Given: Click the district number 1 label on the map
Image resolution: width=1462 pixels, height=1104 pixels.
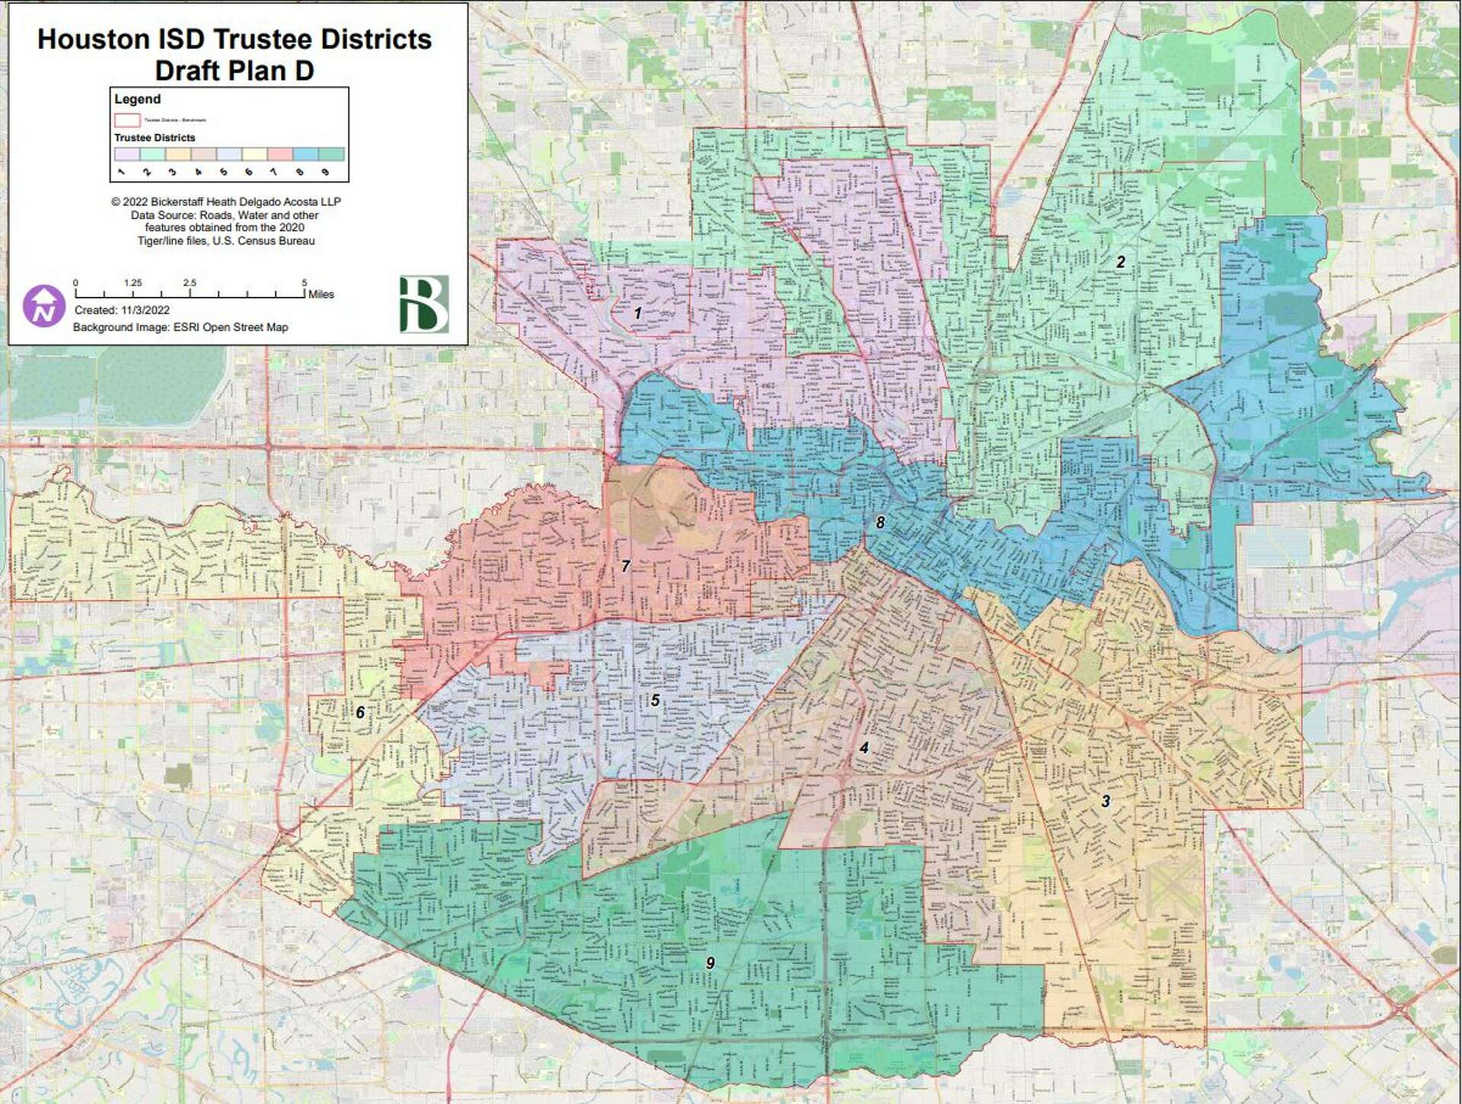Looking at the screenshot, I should coord(637,313).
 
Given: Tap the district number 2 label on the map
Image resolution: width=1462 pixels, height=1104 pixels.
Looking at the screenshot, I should coord(1120,262).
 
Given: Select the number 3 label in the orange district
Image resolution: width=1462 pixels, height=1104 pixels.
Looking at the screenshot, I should coord(1105,801).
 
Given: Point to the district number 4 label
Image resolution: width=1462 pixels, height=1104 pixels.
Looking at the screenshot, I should coord(863,748).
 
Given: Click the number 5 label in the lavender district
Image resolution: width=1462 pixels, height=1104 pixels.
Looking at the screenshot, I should coord(655,700).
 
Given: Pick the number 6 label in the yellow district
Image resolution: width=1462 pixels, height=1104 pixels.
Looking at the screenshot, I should coord(360,713).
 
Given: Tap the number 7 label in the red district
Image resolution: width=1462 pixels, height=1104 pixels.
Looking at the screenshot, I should coord(625,566).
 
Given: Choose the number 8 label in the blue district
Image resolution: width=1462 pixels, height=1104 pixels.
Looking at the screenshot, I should coord(880,522).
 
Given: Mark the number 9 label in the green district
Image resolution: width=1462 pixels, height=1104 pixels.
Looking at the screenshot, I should coord(710,963).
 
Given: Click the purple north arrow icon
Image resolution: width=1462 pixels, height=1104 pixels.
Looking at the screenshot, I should coord(43,306).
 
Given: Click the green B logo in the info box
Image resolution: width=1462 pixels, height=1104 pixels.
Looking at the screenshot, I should coord(423,305).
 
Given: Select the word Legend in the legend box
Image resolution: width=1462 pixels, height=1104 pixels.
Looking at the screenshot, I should coord(137,99).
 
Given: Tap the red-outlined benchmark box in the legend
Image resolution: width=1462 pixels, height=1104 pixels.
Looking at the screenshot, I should coord(127,120).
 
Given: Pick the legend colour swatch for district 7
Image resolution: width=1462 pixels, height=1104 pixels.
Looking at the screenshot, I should coord(280,154).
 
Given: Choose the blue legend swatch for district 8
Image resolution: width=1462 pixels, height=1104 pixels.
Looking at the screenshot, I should coord(305,154).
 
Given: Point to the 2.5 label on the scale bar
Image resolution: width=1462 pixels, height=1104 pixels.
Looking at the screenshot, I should coord(190,282).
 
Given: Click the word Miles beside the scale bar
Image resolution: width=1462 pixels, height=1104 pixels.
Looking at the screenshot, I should coord(321,294).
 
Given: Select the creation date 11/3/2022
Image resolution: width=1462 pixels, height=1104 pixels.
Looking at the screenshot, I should coord(145,310).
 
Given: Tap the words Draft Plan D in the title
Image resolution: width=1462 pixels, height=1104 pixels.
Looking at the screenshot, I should coord(234,71).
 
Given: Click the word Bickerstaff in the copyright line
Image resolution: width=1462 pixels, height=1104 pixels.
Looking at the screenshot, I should coord(186,202).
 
